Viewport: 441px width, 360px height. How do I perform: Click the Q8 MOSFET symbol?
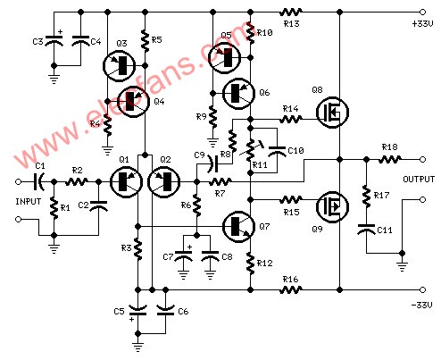(x=332, y=113)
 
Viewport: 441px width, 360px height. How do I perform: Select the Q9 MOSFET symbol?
(x=332, y=206)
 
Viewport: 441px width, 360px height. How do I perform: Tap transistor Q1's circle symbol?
(x=126, y=182)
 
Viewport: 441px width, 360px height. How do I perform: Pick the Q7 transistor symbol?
(x=239, y=227)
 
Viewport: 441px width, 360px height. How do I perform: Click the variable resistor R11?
(x=251, y=150)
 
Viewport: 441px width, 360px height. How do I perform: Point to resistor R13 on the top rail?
(x=291, y=13)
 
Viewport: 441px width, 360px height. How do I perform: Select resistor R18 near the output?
(x=390, y=160)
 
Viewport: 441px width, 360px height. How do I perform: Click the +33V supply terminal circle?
(x=422, y=13)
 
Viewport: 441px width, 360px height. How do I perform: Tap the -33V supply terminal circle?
(x=422, y=289)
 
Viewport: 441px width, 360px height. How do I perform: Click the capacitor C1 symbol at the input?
(x=39, y=181)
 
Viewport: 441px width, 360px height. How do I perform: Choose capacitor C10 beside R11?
(x=277, y=151)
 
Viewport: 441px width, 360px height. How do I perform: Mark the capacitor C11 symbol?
(x=366, y=229)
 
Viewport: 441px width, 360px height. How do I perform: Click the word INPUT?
(x=29, y=202)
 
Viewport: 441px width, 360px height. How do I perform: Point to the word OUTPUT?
(x=419, y=180)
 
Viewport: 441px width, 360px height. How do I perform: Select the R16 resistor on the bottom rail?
(x=291, y=289)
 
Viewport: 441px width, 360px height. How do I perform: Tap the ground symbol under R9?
(x=212, y=143)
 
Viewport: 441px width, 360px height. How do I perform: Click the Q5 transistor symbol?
(x=225, y=57)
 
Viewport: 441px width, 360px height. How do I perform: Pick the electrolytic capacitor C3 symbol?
(x=54, y=40)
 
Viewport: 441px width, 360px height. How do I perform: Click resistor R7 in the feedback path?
(x=220, y=181)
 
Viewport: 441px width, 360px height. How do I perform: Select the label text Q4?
(x=160, y=102)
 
